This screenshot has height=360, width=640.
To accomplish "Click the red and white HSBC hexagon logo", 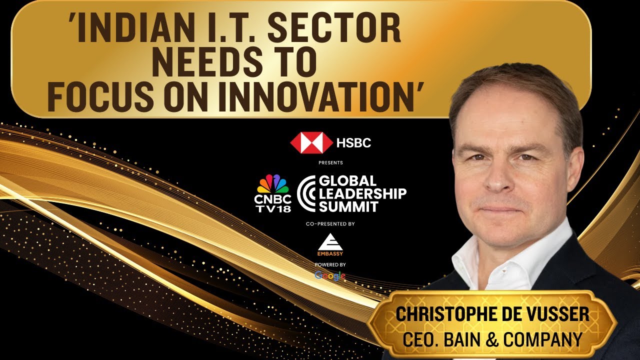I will click(311, 142).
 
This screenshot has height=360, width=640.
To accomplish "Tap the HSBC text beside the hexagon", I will click(353, 143).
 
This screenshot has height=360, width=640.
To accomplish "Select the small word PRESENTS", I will click(330, 163).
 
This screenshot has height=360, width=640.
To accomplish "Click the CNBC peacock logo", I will click(273, 184).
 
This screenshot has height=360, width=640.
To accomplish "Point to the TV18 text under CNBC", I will click(273, 209).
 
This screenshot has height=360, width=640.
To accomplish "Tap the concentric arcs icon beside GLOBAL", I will click(306, 193).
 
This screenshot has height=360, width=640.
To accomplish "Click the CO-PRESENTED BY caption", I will click(330, 224).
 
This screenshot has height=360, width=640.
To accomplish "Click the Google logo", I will click(330, 275).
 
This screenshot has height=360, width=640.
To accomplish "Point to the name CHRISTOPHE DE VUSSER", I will click(492, 314).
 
